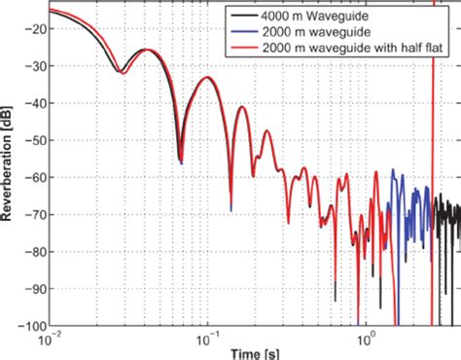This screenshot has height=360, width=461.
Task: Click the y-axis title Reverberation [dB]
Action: [8, 165]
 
